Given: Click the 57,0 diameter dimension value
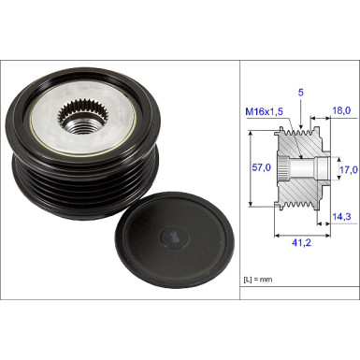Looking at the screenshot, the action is click(261, 167).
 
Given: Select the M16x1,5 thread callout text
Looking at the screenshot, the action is click(265, 111).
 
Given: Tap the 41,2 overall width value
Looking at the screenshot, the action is click(301, 242).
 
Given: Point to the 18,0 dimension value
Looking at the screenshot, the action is click(341, 110).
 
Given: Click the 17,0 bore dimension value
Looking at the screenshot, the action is click(349, 170).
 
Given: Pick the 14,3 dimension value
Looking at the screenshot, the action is click(341, 217).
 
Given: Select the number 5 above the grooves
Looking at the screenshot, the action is click(300, 93).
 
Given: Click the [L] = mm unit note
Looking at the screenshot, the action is click(257, 280).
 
